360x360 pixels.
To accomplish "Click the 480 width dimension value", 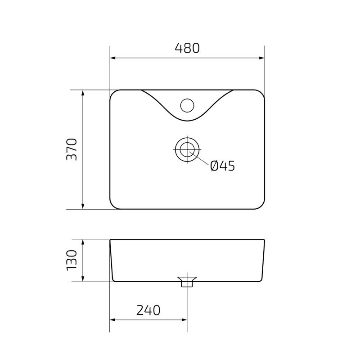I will coord(187,48).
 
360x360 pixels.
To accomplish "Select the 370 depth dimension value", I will coord(72,150).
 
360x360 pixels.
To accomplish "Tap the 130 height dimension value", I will coord(72,261).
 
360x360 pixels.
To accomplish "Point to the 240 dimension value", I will coord(148,310).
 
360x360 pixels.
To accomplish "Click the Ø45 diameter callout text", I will coord(223,166).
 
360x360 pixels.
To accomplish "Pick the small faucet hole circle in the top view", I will coord(187,105).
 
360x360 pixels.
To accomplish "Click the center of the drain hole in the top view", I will coord(187,149).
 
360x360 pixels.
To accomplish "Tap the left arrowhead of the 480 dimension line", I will coord(112,58).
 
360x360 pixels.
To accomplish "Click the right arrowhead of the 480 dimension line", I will coord(261,58).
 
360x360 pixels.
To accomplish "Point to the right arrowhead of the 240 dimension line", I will coord(184,320).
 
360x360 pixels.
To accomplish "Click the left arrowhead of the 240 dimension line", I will coord(112,320).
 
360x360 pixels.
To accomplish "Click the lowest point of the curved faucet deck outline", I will coord(187,122).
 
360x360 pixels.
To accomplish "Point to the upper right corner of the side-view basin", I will coord(264,240).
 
